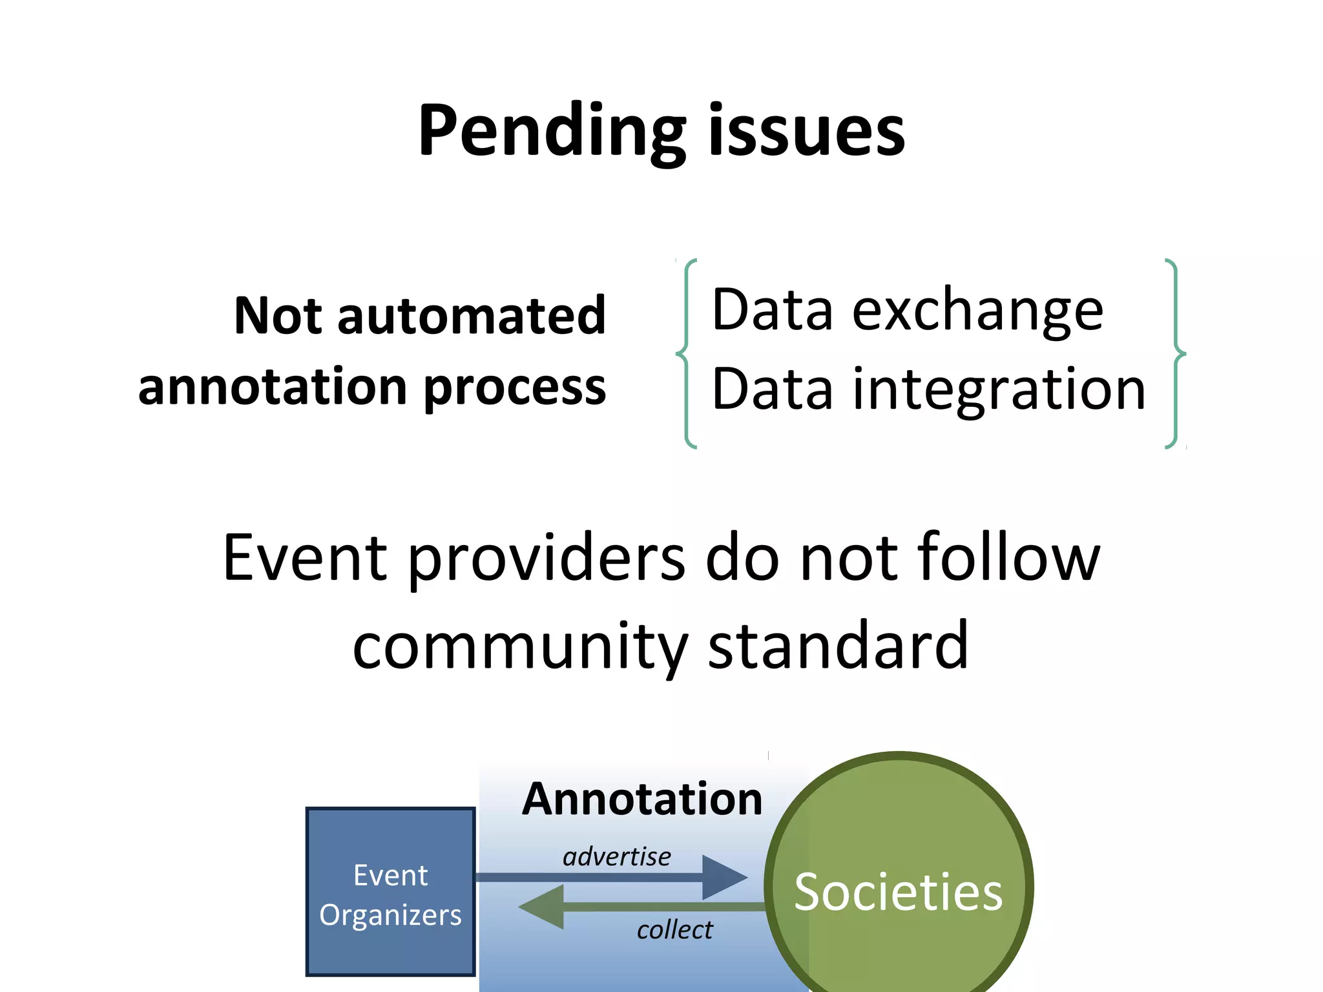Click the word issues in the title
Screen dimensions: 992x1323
(x=807, y=132)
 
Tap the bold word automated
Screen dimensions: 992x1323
(x=471, y=316)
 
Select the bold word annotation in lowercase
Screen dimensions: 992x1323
(x=274, y=387)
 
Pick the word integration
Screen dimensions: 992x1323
(x=999, y=389)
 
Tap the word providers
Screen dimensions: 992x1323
(x=547, y=559)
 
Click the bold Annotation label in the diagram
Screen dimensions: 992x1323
(x=642, y=800)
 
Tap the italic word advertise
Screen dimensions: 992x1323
(x=616, y=857)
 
